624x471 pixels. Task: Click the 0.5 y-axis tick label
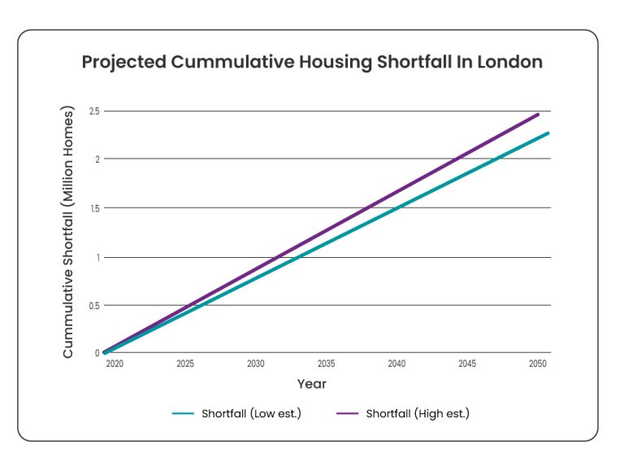coord(93,306)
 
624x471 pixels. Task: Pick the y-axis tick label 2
coord(96,159)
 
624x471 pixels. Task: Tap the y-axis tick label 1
coord(97,257)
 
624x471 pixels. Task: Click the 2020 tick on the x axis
coord(115,364)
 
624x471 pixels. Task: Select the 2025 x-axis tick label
coord(185,364)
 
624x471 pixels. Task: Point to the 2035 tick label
coord(326,364)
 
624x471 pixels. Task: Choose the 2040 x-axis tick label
coord(396,364)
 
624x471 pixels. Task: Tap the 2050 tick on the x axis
coord(537,364)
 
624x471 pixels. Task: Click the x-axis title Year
coord(312,383)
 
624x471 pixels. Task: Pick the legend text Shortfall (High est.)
coord(418,413)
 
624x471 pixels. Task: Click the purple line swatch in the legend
coord(349,413)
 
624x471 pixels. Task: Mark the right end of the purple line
coord(538,115)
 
